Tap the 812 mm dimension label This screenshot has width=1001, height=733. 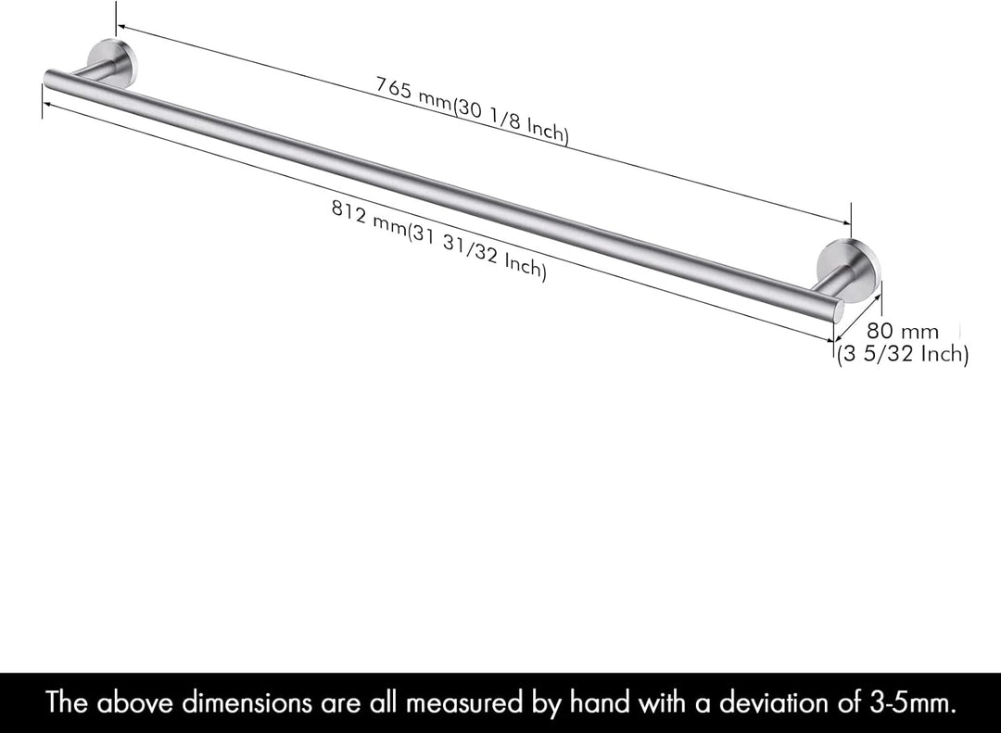coord(369,217)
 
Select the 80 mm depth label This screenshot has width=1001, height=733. coord(903,331)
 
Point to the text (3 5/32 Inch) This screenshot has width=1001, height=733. coord(903,354)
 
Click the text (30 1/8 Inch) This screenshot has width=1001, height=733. coord(510,122)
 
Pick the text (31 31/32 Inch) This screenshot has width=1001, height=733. coord(477,251)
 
